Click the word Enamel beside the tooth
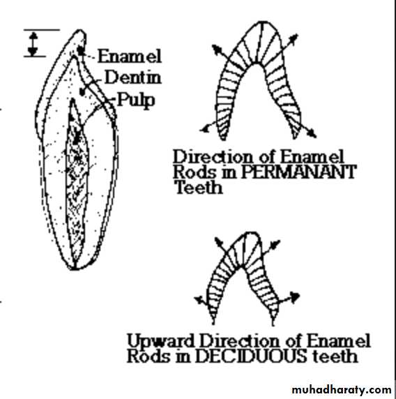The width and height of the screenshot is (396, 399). point(130,57)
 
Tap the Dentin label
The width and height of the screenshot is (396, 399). point(133,77)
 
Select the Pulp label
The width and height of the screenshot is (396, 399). point(136,100)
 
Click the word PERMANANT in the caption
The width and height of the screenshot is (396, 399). point(298,172)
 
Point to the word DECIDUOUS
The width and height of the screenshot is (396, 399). point(251,356)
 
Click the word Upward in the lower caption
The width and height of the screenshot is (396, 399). point(161,342)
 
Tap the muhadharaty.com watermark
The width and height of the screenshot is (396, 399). point(342,390)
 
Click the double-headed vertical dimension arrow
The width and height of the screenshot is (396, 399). point(33,44)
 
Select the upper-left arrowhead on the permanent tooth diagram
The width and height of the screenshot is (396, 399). point(216,49)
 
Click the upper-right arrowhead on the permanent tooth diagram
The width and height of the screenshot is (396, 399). point(294,38)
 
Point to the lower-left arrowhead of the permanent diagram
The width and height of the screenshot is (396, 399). point(204,130)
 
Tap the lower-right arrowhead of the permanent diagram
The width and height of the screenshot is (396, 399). point(312,133)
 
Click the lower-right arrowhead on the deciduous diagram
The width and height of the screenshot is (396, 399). point(295,296)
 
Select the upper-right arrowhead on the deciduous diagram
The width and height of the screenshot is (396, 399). point(275,243)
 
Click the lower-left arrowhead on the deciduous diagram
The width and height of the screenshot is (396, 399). point(199,299)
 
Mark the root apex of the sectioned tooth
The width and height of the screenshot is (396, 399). point(74,269)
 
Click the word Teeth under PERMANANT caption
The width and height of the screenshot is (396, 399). point(199,188)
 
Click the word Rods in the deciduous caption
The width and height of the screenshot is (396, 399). point(148,356)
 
